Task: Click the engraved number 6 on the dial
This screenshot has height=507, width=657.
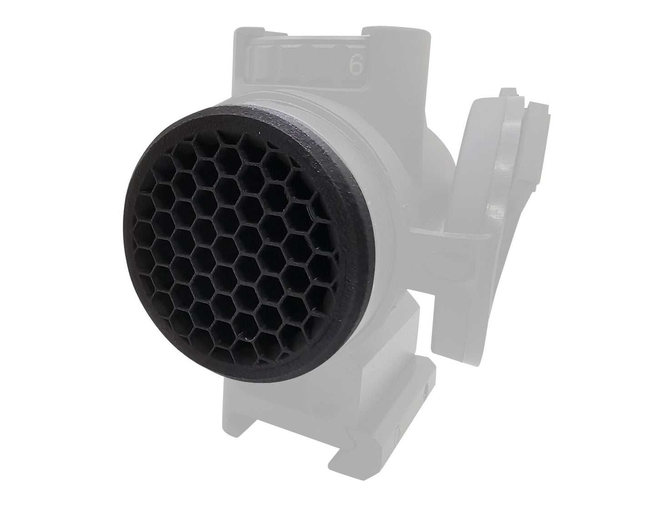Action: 356,65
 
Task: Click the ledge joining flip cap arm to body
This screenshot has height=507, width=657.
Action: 450,232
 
